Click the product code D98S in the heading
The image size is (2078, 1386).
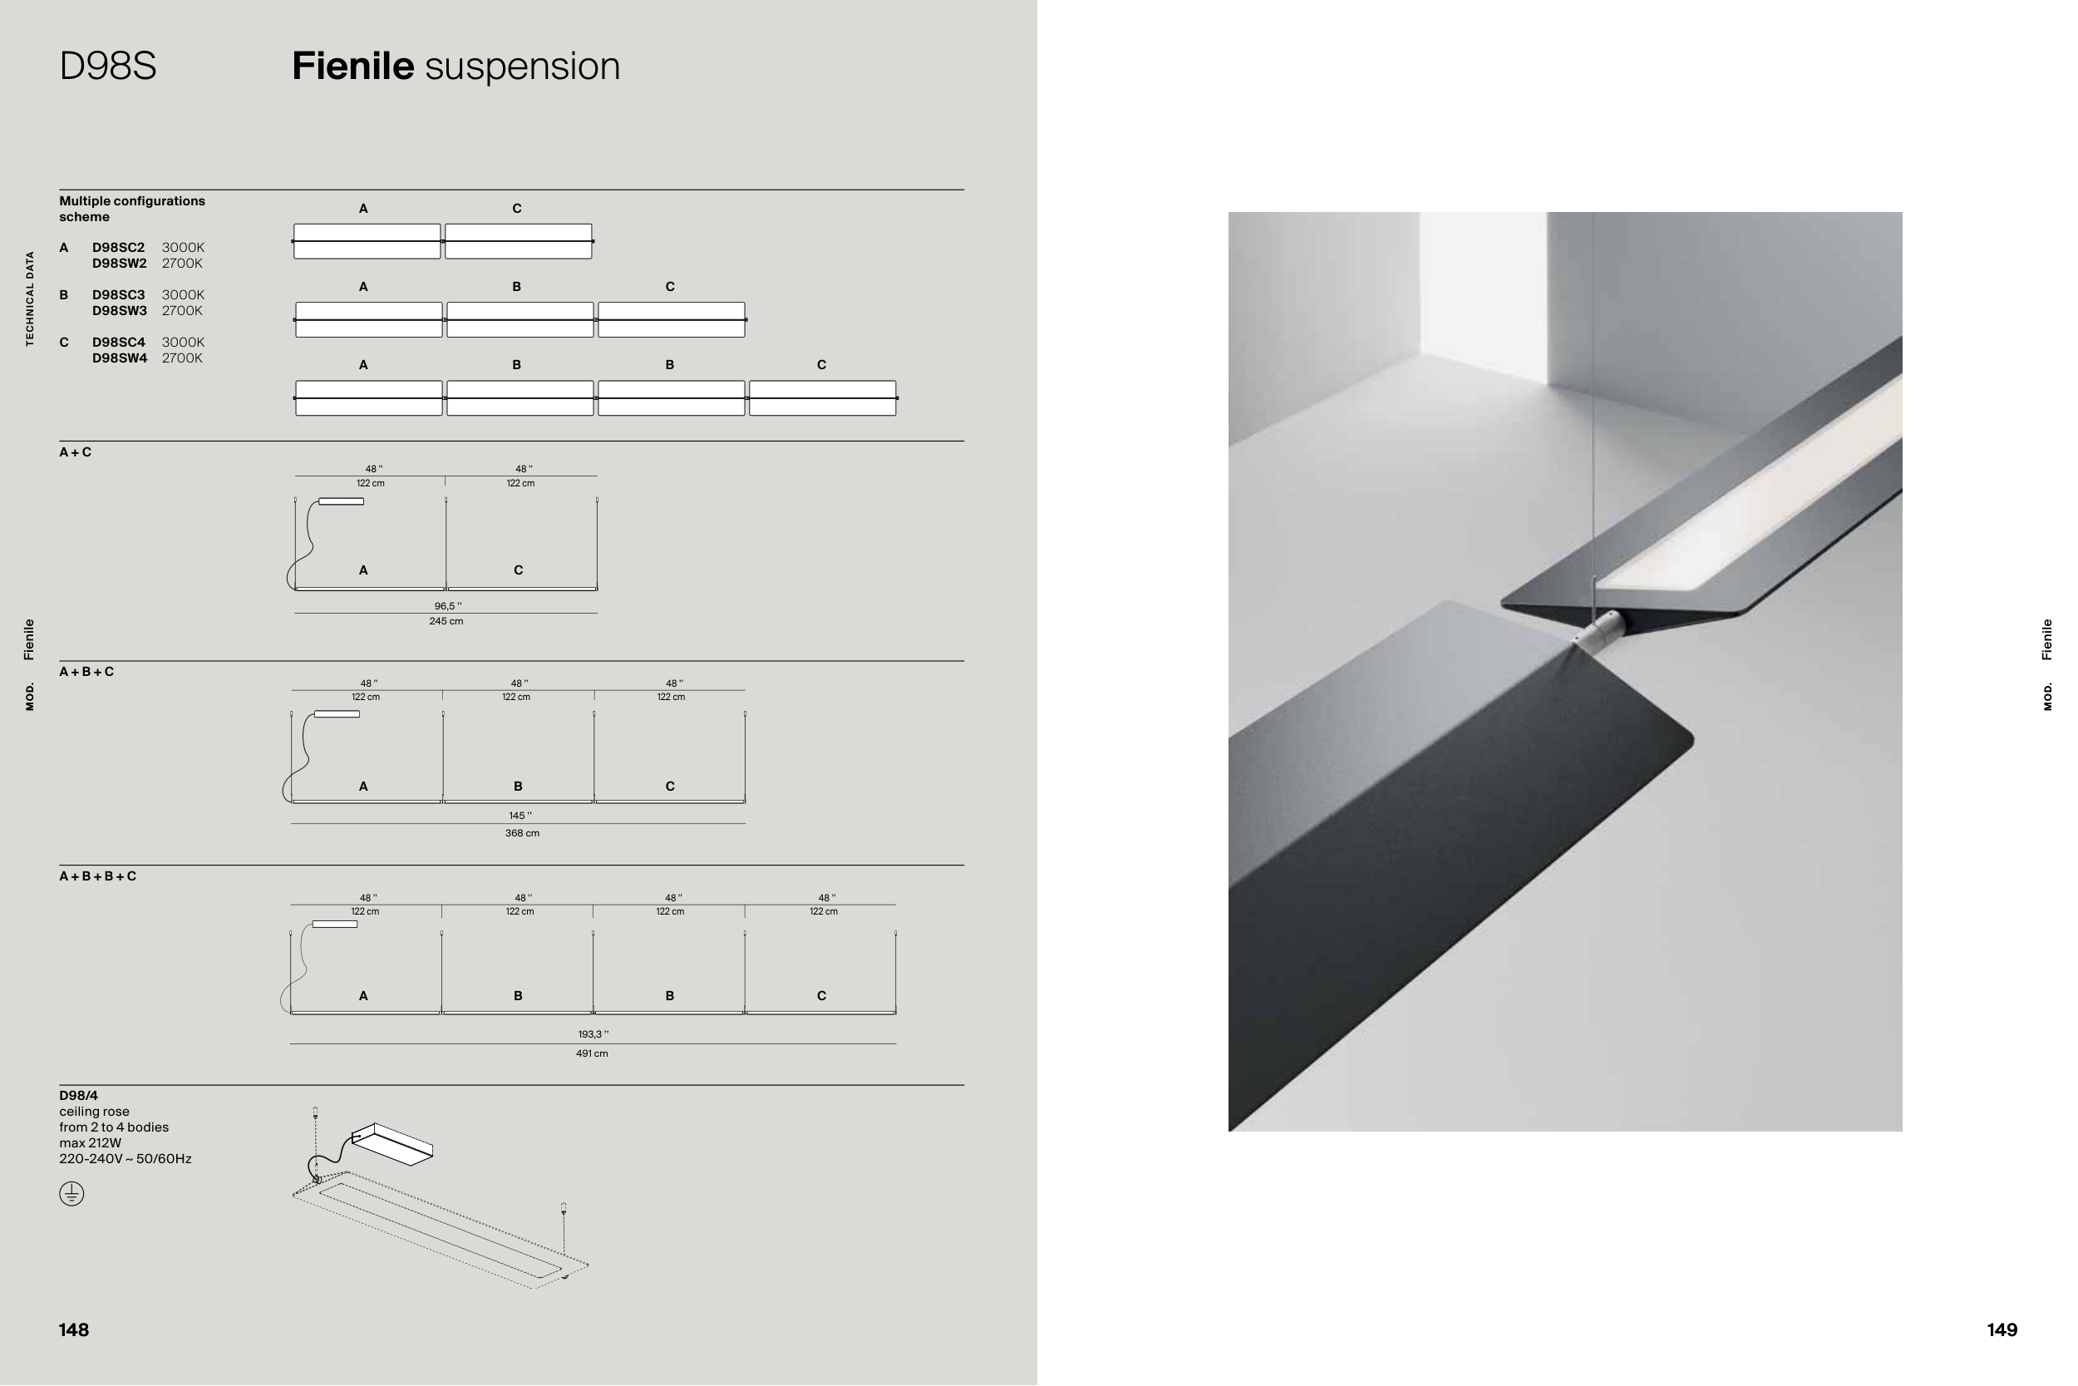108,67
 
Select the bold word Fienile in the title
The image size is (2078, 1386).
352,67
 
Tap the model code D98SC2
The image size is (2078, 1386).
118,248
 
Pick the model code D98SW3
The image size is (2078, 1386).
119,310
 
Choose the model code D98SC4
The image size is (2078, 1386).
118,342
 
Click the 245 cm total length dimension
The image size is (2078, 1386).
446,621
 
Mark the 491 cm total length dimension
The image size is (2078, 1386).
592,1053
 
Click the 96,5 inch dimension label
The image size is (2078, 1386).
448,606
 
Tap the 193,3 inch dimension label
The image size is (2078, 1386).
593,1034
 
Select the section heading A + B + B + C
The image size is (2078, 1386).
98,876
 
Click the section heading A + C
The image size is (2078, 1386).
75,452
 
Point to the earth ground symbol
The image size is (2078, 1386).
71,1194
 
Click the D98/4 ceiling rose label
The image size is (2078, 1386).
79,1096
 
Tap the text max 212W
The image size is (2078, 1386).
90,1143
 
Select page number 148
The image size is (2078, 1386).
74,1330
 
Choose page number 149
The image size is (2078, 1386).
2002,1330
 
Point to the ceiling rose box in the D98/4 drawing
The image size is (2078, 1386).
392,1145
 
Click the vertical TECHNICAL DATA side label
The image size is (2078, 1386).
30,298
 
